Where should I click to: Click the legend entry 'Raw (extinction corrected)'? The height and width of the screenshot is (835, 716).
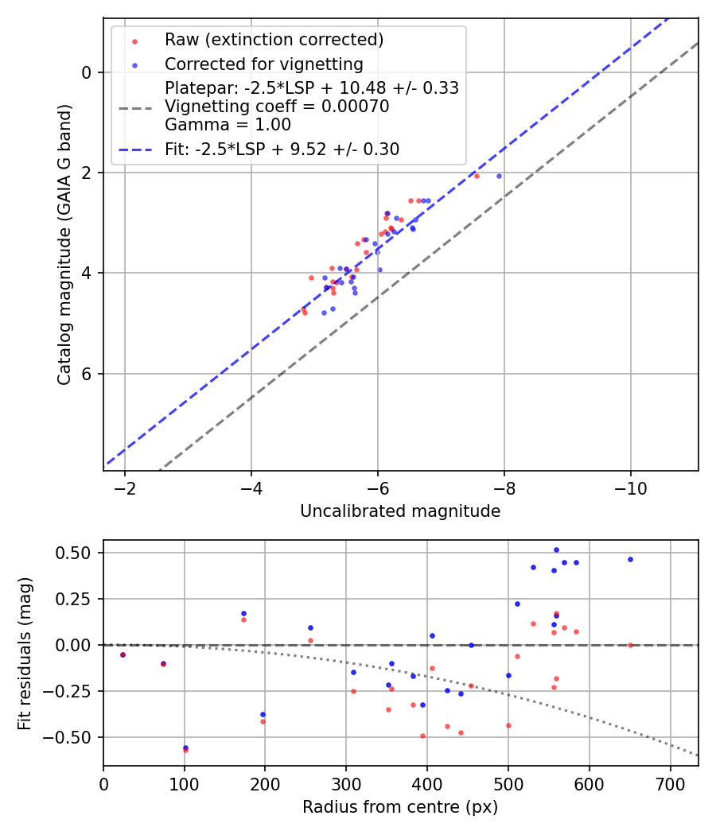tap(274, 40)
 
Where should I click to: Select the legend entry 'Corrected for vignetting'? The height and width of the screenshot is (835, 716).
tap(263, 64)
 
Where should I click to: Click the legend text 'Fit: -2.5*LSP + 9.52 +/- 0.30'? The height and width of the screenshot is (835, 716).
tap(282, 150)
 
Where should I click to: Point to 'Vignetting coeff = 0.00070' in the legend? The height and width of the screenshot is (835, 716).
tap(277, 107)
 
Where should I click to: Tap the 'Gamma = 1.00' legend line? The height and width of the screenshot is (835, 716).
tap(228, 125)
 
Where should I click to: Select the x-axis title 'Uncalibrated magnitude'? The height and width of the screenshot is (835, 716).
tap(400, 511)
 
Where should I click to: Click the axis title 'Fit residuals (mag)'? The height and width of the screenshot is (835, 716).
tap(25, 653)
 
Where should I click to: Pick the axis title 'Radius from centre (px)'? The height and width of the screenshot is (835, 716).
tap(400, 807)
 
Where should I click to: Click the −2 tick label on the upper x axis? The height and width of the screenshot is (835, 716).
tap(125, 487)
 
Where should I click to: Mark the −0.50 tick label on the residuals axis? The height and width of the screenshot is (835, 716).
tap(74, 737)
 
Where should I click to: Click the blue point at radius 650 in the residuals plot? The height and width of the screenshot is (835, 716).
tap(630, 559)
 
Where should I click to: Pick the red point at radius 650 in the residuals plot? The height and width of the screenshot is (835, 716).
tap(630, 645)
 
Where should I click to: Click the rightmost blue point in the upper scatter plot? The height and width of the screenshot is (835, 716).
tap(499, 176)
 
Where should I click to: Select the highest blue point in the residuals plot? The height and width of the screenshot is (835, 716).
tap(556, 550)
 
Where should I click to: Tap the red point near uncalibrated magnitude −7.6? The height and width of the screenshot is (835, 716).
tap(477, 176)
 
